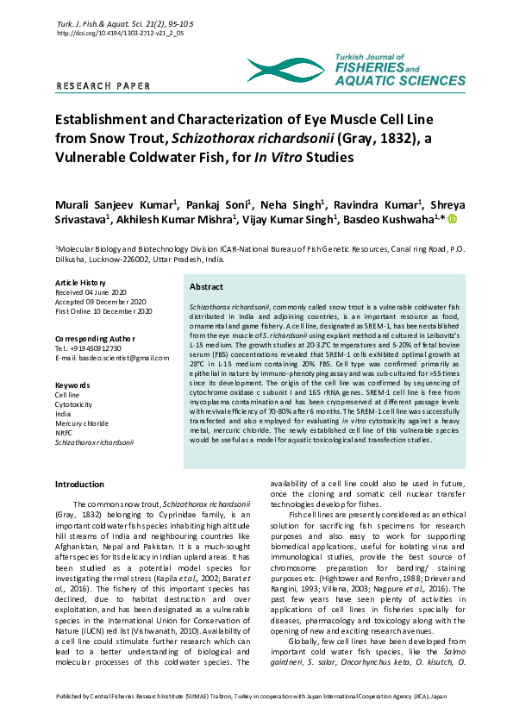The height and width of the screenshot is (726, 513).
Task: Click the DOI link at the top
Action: (x=120, y=33)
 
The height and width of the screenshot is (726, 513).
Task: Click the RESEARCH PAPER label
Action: (x=103, y=86)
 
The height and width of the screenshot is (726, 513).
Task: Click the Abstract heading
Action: (x=206, y=287)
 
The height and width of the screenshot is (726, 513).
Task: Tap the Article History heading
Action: (x=80, y=283)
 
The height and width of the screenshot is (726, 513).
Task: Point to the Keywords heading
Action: (x=72, y=385)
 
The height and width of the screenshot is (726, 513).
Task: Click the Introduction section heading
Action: (x=79, y=485)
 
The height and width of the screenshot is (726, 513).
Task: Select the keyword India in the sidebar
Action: (x=63, y=413)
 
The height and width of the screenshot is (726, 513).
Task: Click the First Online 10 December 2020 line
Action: (x=103, y=311)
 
